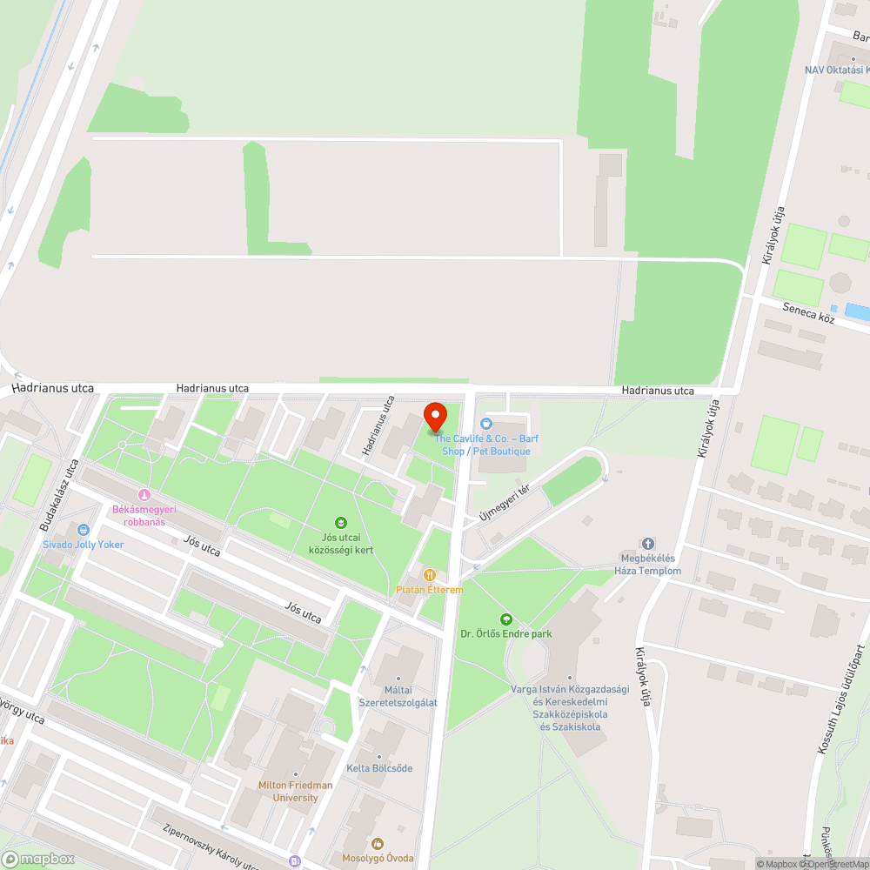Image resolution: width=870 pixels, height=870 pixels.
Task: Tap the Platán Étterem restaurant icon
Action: tap(429, 574)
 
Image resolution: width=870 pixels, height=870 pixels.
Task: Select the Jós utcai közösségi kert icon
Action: tap(341, 523)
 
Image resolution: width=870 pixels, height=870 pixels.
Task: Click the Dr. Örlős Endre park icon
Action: tap(505, 619)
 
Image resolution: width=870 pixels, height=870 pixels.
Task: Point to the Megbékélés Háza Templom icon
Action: tap(647, 544)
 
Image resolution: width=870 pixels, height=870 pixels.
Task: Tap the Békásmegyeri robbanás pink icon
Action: tap(144, 494)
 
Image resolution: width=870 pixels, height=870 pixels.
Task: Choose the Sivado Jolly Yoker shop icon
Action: tap(84, 529)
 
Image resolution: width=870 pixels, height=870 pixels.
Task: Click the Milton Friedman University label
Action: tap(295, 791)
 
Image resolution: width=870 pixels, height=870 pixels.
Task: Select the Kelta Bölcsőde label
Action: tap(379, 768)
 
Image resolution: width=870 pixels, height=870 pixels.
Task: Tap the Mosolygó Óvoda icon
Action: tap(377, 843)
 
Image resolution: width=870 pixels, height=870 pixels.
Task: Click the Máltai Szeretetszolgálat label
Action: tap(398, 697)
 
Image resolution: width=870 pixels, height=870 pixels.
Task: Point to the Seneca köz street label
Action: tap(808, 313)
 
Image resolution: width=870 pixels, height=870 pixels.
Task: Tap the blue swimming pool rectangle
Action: tap(857, 311)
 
